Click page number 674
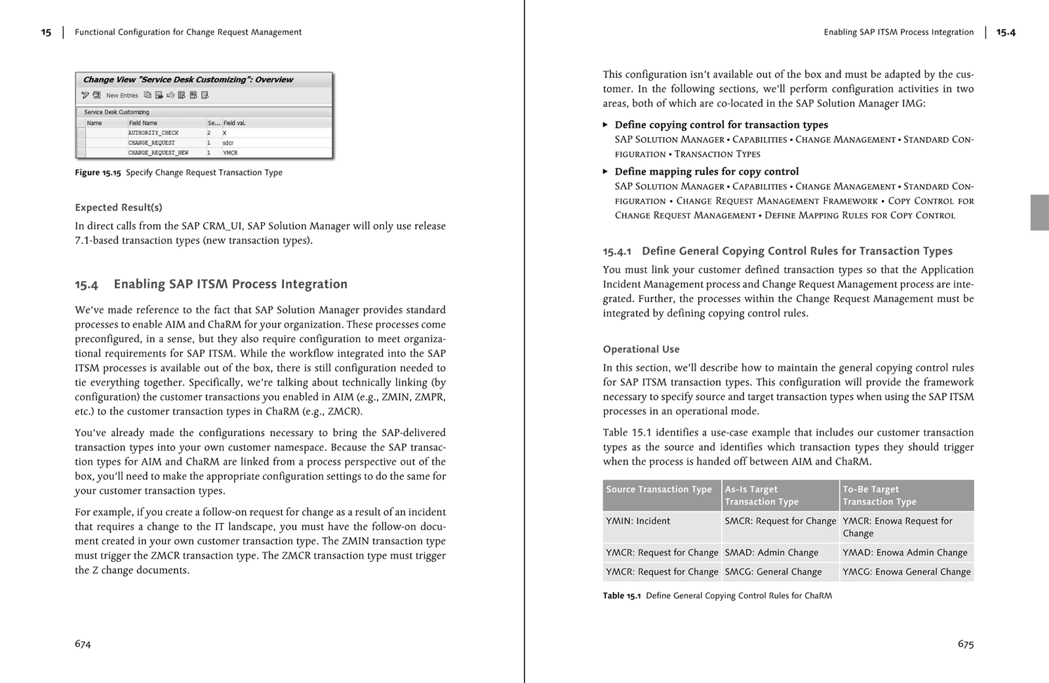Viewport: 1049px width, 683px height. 83,644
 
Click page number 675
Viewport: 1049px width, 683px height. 965,644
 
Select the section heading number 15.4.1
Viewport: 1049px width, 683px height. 616,251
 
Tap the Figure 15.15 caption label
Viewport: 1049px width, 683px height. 98,172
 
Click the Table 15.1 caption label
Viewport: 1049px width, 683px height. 621,596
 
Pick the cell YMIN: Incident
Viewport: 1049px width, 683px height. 638,521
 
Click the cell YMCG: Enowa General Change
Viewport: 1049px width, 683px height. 906,572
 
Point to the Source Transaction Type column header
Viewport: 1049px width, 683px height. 658,490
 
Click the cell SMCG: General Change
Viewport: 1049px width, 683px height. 773,572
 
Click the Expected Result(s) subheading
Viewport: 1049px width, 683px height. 118,207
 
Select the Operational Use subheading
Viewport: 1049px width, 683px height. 641,349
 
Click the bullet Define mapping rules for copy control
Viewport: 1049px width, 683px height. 706,172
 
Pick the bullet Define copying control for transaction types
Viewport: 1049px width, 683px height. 721,125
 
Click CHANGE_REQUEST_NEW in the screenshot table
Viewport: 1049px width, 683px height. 158,153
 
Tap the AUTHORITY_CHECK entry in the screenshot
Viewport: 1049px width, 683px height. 153,132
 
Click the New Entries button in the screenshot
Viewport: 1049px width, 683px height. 122,96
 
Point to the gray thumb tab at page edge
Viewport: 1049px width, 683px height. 1039,212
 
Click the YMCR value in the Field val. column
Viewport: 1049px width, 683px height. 230,153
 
